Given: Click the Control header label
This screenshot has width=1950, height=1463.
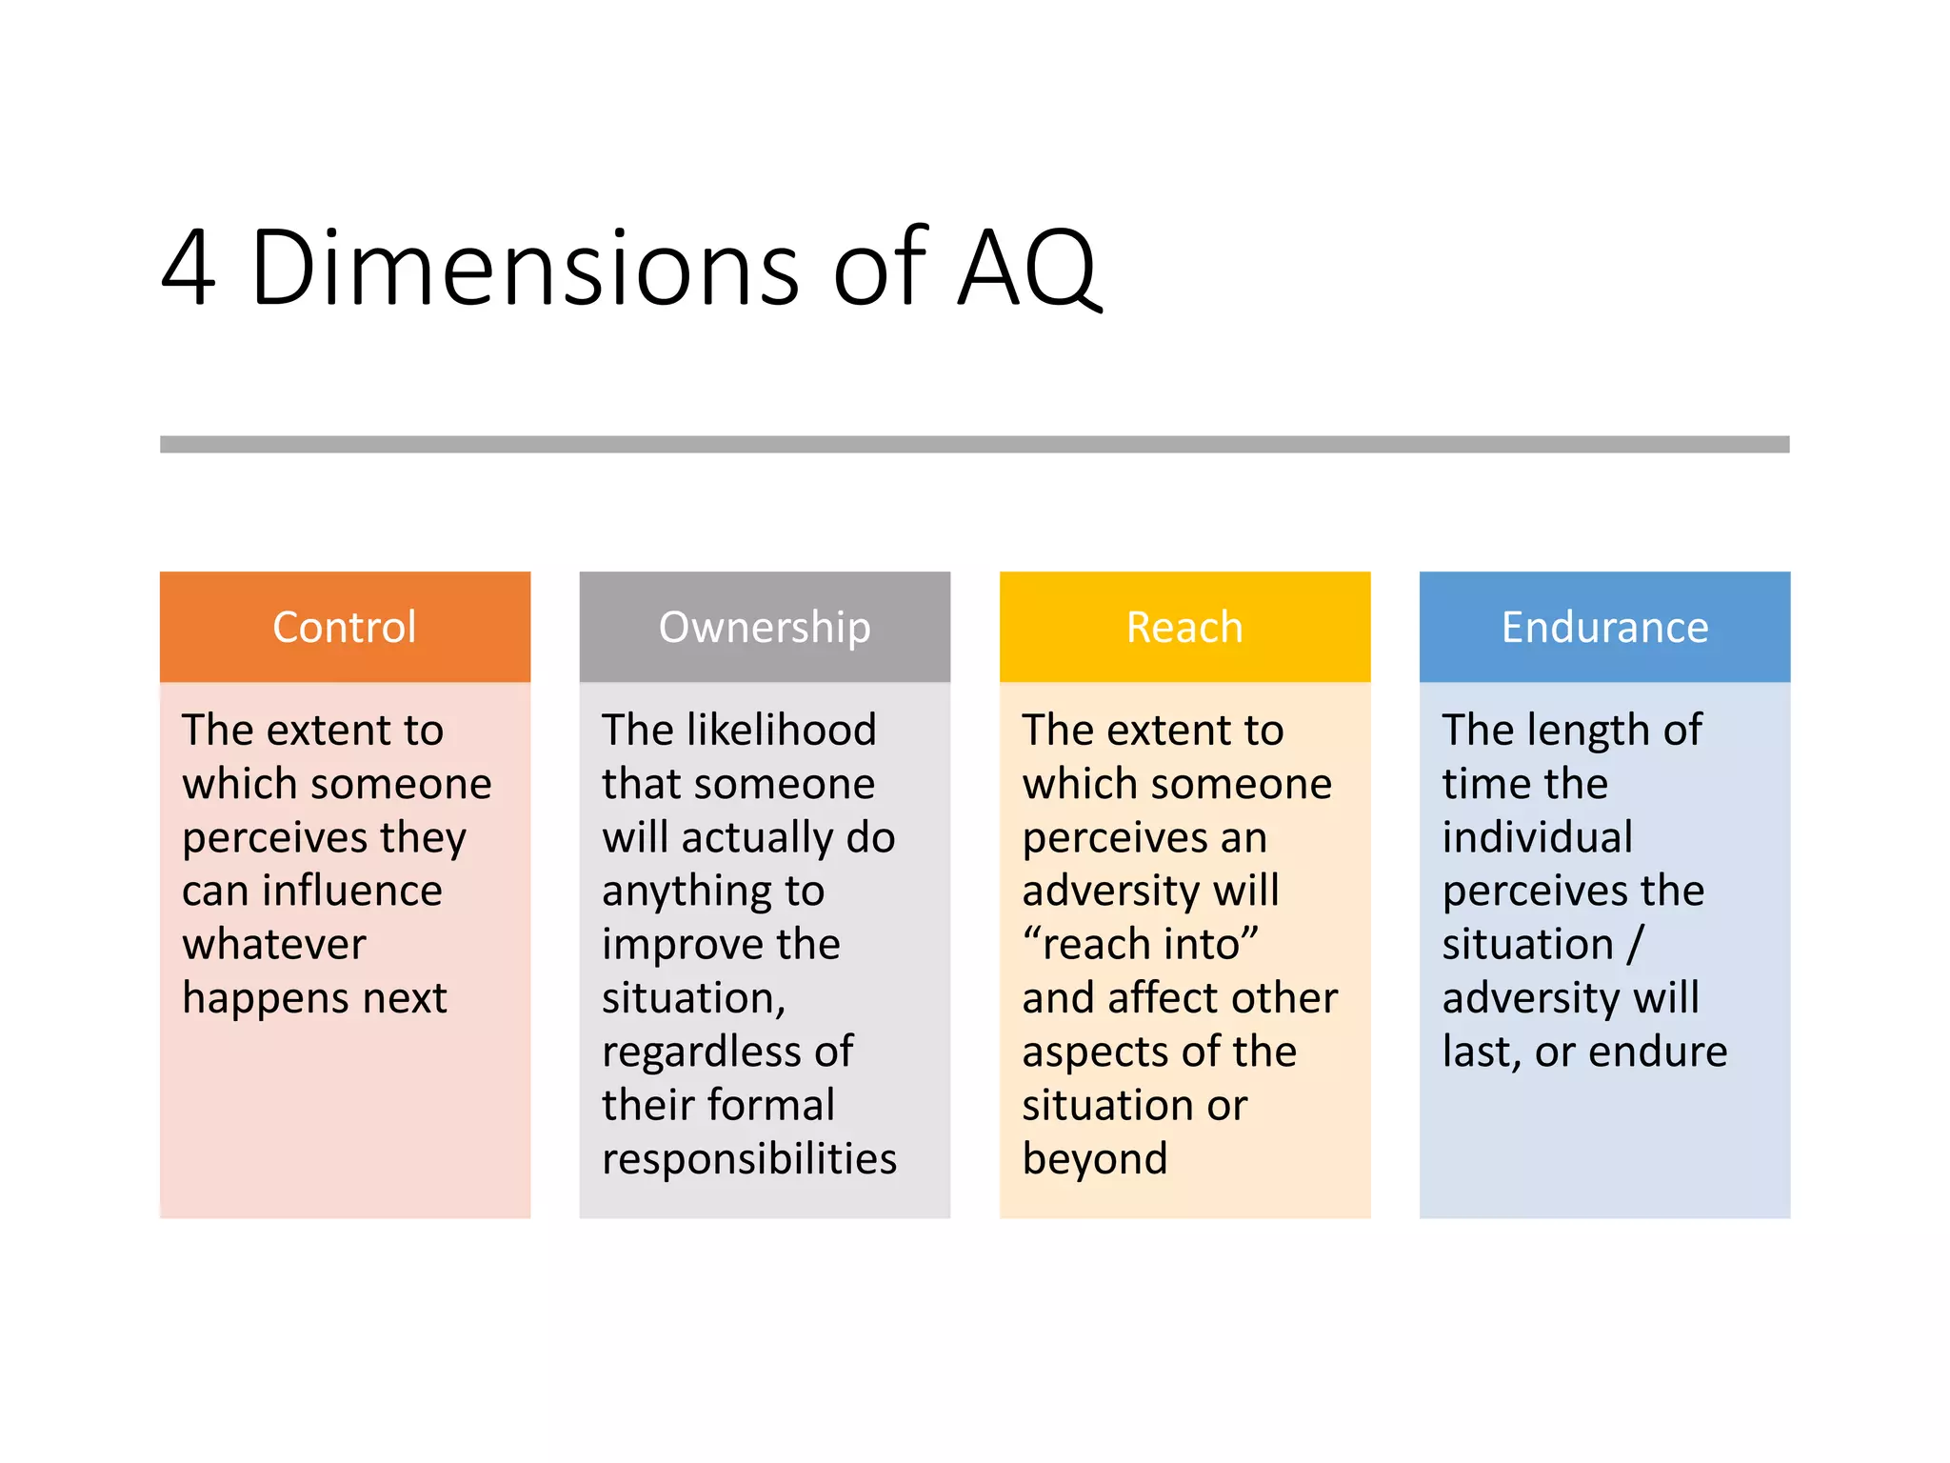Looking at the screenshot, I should (345, 628).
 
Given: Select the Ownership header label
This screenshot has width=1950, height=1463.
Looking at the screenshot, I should (765, 628).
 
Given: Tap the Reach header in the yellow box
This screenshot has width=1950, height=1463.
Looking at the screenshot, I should (1184, 628).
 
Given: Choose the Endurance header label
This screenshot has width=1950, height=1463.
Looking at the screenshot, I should (1604, 628).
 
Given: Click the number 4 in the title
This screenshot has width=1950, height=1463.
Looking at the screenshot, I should (189, 269).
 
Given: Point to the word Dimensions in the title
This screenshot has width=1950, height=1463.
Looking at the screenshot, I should (525, 269).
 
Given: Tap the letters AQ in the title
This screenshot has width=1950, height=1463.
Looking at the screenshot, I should (1028, 269).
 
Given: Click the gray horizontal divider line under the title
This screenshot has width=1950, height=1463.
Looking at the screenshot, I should (974, 445).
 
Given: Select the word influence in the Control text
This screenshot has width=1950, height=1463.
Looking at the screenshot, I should (352, 891).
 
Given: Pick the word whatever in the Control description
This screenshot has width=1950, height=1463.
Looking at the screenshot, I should (274, 945).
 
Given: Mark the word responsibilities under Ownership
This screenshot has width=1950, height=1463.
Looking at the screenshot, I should (749, 1159).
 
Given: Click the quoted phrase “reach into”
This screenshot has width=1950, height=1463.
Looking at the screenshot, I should (1141, 945).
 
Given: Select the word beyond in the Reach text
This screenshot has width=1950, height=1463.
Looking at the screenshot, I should (1095, 1159).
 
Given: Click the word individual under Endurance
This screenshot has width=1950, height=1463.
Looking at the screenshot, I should (1538, 838).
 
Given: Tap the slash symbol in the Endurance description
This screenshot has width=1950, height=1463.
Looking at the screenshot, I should (1635, 945).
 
